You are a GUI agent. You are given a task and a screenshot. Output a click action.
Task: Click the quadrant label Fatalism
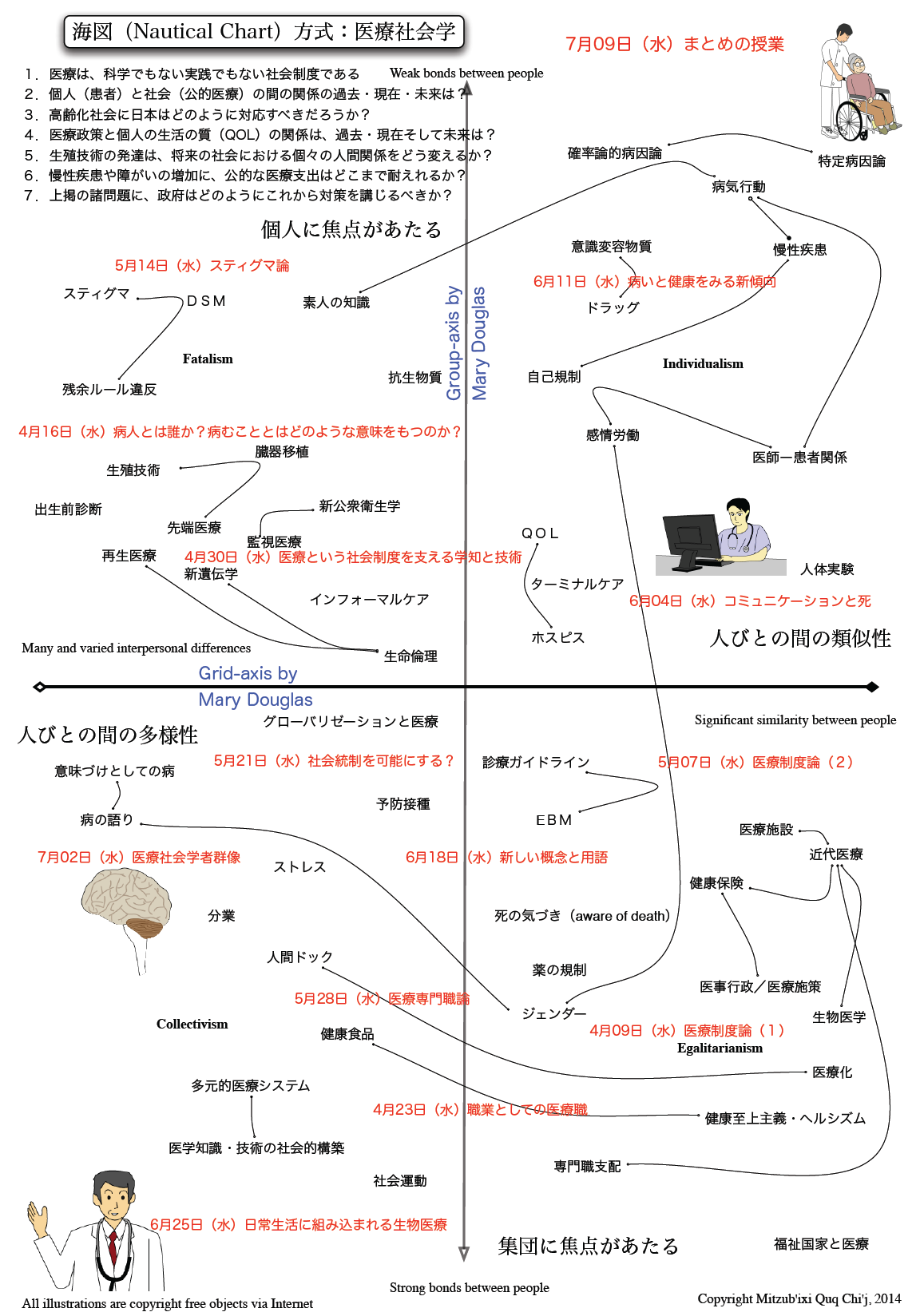208,359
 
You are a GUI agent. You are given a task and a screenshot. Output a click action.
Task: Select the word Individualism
703,363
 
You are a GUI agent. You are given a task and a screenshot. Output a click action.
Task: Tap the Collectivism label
192,1024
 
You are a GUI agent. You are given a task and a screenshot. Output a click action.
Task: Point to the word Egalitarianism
720,1048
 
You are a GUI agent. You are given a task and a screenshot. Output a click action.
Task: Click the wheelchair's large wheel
851,121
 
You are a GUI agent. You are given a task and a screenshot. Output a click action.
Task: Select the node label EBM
553,820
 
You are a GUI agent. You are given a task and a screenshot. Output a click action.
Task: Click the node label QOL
540,533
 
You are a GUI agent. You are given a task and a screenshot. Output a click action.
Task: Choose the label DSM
206,301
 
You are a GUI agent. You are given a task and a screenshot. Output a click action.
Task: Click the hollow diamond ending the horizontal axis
39,687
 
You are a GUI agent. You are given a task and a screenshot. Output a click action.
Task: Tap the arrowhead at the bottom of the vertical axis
463,1255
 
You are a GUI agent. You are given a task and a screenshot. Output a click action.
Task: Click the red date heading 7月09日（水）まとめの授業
674,44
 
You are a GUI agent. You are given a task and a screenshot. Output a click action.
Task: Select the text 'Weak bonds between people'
466,73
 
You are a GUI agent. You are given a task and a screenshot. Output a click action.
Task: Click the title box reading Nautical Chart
264,32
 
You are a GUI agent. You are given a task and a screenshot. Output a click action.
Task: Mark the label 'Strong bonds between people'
470,1288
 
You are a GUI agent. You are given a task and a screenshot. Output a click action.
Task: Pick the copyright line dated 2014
799,1299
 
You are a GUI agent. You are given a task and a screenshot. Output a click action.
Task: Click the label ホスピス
558,638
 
